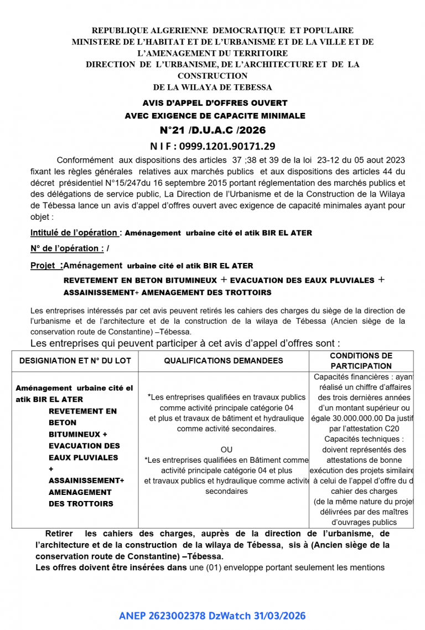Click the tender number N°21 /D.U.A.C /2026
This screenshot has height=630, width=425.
pos(212,130)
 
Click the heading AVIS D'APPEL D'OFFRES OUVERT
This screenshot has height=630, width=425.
pos(215,103)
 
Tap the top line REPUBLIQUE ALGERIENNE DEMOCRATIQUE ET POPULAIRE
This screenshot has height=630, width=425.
pos(222,30)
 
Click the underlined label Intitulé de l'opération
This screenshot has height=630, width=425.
pos(75,233)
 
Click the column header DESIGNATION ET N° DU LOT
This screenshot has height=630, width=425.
pos(75,360)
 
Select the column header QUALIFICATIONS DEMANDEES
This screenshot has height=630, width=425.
pos(224,360)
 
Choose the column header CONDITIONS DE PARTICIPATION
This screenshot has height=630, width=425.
pos(361,360)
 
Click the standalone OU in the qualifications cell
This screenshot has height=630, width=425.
pos(226,450)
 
